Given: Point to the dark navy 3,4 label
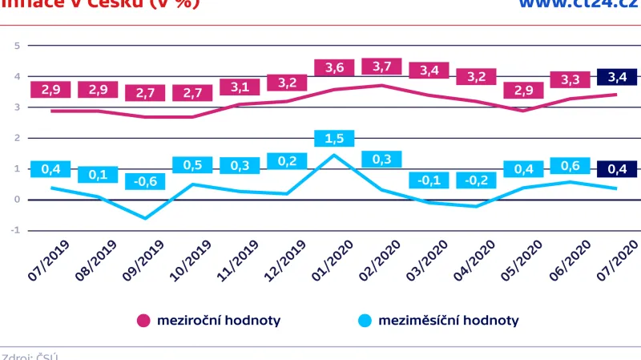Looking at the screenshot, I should pyautogui.click(x=618, y=77).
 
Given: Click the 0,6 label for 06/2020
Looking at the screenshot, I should pyautogui.click(x=570, y=166).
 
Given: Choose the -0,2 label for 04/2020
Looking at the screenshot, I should pyautogui.click(x=476, y=180).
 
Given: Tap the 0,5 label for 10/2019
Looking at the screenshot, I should pyautogui.click(x=193, y=165).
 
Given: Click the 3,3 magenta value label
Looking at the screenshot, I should pyautogui.click(x=570, y=79).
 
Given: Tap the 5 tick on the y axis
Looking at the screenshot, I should pyautogui.click(x=17, y=46).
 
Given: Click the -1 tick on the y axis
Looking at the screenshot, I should pyautogui.click(x=15, y=230).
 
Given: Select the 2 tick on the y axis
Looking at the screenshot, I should pyautogui.click(x=17, y=138).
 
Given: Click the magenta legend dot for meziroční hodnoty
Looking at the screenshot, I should pyautogui.click(x=144, y=321).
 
